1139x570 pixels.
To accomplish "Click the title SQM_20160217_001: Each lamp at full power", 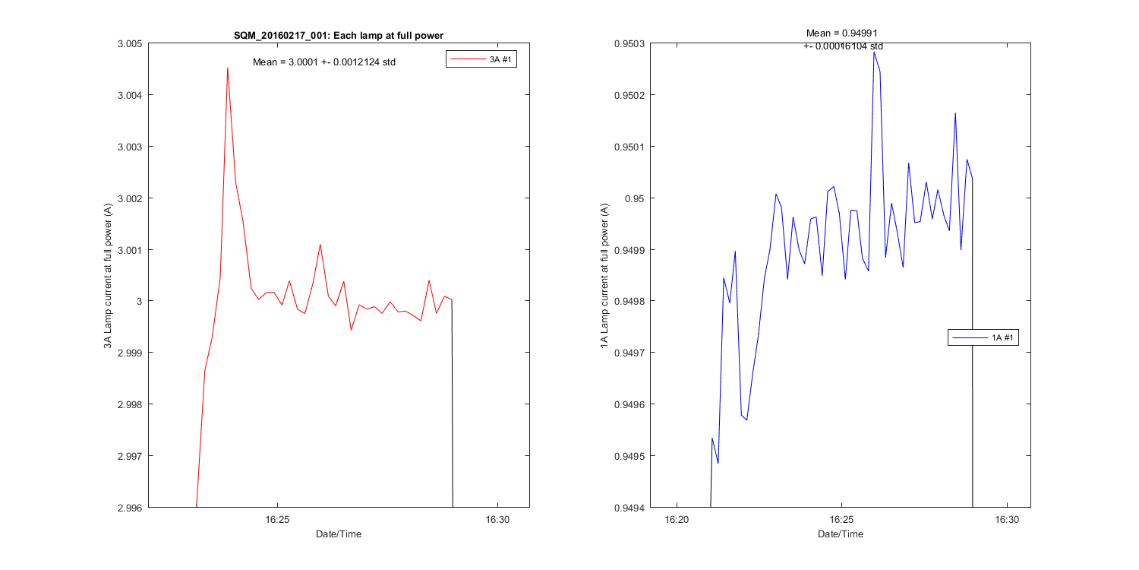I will click(339, 36).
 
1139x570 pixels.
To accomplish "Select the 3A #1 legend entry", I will click(481, 60).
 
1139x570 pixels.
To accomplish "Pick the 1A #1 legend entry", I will click(983, 337).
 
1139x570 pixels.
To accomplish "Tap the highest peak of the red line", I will click(227, 68).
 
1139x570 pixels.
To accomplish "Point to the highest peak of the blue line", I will click(874, 52).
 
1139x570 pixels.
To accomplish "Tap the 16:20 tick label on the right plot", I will click(677, 520).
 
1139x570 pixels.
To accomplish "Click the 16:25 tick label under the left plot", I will click(277, 520).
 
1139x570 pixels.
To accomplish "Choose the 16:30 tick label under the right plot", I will click(1007, 520).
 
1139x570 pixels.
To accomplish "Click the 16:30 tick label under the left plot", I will click(497, 520).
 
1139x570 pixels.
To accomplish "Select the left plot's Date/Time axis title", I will click(339, 534).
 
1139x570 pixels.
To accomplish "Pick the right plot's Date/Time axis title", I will click(841, 534).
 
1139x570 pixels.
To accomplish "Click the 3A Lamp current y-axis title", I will click(108, 276).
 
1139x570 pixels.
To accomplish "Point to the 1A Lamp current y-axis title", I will click(605, 276).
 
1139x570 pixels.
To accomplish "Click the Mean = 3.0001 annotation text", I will click(324, 62).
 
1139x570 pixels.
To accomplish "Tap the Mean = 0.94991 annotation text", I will click(843, 33).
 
